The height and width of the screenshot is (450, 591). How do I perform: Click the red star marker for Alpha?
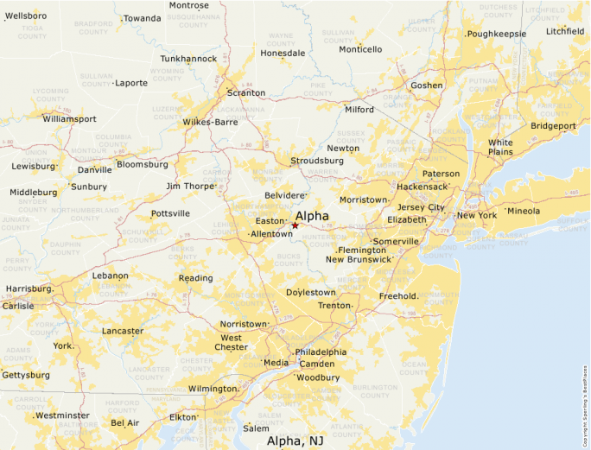295,225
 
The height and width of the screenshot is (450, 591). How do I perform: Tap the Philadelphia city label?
321,352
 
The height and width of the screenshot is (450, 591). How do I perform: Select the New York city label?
477,216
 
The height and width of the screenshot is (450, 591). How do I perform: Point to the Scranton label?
246,93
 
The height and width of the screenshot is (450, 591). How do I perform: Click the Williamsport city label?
69,119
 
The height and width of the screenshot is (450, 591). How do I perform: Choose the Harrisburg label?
29,288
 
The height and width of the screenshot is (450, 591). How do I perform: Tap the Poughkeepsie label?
497,35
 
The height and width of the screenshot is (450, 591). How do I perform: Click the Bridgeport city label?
553,126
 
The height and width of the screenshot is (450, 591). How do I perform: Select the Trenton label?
334,306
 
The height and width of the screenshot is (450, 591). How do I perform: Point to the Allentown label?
271,234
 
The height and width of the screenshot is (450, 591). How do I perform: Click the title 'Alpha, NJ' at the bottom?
295,440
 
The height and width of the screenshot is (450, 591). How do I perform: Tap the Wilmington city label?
213,390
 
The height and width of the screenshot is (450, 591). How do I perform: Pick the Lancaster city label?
123,331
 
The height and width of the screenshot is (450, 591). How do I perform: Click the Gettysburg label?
26,376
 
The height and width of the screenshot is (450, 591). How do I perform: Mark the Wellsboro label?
26,16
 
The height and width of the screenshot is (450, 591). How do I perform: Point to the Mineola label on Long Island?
524,211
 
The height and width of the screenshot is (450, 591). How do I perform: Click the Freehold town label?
398,296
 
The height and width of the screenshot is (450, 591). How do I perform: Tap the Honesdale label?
283,53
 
